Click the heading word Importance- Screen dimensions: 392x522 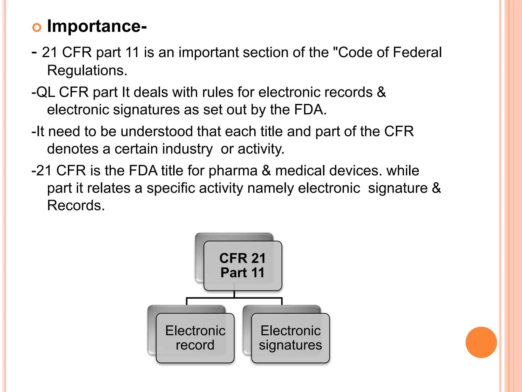[97, 26]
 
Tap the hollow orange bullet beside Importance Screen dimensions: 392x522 [37, 28]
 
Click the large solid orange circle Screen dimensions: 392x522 [481, 342]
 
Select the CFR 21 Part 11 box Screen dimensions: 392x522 [243, 266]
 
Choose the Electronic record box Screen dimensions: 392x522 [195, 338]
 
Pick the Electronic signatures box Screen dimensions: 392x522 [290, 338]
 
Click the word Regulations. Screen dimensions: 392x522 [87, 70]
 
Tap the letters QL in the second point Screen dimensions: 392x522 [46, 92]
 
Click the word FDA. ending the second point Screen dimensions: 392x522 [310, 110]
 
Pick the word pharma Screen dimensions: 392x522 [233, 171]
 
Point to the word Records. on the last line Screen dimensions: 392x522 [76, 205]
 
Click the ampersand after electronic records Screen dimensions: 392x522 [381, 92]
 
